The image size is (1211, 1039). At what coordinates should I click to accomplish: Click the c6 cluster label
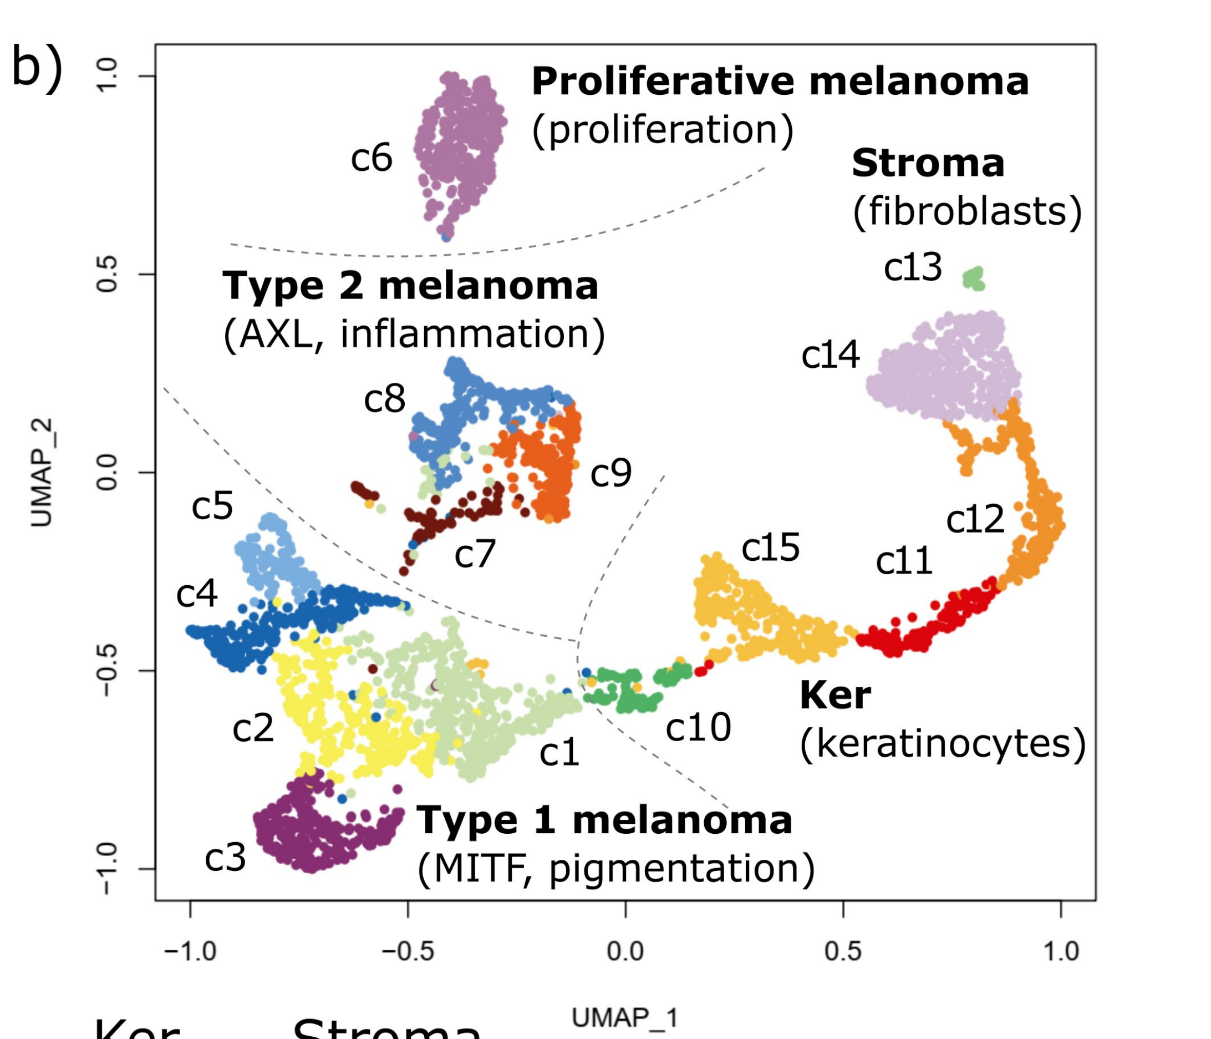371,159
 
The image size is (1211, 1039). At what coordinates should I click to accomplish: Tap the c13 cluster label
912,267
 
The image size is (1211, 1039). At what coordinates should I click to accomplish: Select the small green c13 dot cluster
974,278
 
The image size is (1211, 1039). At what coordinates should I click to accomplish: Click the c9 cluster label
610,473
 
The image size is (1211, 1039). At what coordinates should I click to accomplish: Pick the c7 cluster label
475,554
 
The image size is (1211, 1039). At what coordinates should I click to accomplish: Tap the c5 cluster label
212,506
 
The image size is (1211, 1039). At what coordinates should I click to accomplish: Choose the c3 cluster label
225,858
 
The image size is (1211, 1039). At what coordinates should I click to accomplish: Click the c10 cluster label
699,728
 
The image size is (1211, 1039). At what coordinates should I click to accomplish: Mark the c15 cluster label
770,548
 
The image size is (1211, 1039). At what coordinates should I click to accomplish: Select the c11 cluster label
904,561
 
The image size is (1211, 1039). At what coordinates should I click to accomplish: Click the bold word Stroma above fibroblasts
928,163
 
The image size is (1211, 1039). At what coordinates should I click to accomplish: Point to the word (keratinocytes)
942,744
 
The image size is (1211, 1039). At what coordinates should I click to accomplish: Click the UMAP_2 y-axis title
42,473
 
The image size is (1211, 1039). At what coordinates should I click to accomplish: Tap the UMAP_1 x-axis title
625,1018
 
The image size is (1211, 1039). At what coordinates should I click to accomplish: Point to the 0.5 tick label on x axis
843,952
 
